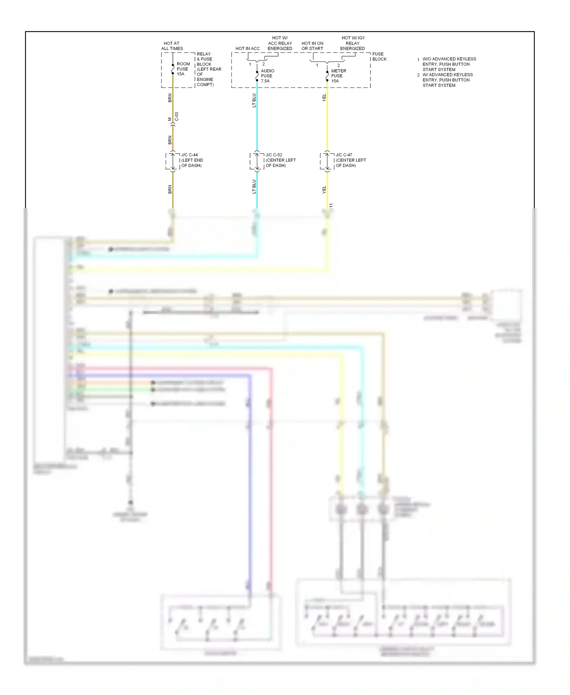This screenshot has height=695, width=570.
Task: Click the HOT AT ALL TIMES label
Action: [x=172, y=46]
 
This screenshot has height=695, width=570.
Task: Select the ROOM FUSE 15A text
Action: [x=183, y=69]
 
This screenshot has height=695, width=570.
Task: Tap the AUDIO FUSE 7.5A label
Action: [x=267, y=76]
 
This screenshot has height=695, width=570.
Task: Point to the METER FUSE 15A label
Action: [x=338, y=76]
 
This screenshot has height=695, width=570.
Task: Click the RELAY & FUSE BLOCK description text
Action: [x=209, y=69]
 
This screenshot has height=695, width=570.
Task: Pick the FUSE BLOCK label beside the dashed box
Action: [x=379, y=56]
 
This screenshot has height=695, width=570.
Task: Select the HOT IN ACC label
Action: [x=247, y=48]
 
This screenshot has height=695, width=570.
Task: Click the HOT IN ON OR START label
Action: [x=312, y=46]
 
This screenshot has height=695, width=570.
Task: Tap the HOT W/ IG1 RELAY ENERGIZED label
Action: [x=353, y=43]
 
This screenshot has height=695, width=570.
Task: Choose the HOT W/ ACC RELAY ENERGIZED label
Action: [x=280, y=43]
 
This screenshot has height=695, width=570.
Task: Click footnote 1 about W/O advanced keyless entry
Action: [x=448, y=64]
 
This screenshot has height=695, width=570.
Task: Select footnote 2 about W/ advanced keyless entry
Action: [x=447, y=80]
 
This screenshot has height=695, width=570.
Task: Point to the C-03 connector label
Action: [x=176, y=117]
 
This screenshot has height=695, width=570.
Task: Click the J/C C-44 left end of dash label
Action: [x=192, y=160]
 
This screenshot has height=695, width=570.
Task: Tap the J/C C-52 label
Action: [x=280, y=160]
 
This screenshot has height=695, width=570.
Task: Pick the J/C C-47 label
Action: [x=350, y=160]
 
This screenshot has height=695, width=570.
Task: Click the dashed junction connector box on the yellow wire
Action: [x=327, y=161]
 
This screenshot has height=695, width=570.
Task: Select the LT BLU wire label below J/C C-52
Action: [x=254, y=186]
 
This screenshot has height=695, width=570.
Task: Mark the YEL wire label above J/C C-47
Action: [x=324, y=98]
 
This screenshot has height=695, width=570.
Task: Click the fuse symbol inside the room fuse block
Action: [x=173, y=69]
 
